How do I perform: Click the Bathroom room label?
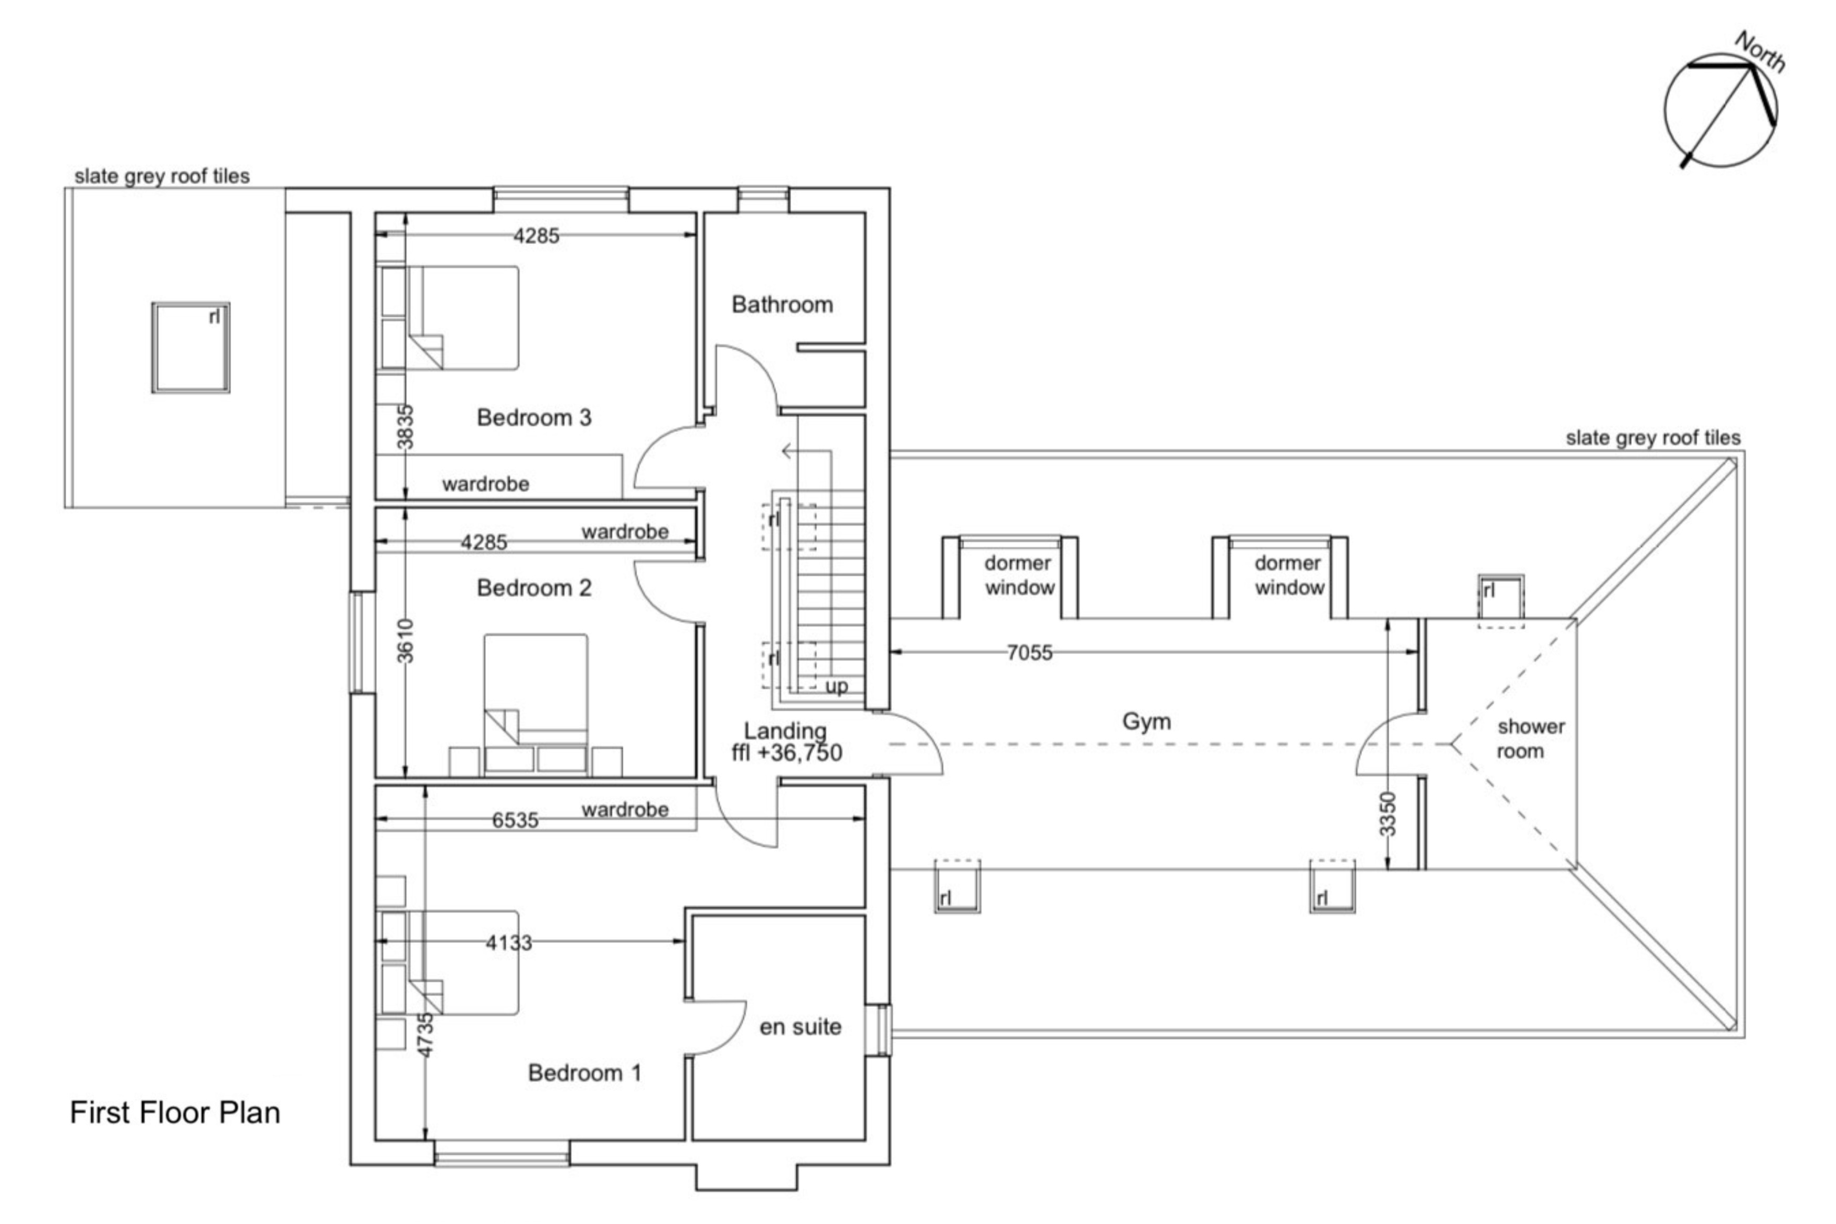click(782, 305)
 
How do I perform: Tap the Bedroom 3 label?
click(534, 417)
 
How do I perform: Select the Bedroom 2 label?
click(534, 588)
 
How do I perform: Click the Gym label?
click(1146, 721)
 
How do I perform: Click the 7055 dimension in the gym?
click(1029, 652)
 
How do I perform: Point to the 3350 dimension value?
click(1387, 814)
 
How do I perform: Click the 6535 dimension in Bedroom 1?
click(515, 820)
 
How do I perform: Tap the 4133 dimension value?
click(508, 943)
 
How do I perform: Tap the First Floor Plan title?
click(175, 1112)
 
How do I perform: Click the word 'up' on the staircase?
click(836, 687)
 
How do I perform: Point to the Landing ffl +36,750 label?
click(785, 742)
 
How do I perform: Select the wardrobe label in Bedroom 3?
click(486, 484)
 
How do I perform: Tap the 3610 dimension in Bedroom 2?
click(404, 641)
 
